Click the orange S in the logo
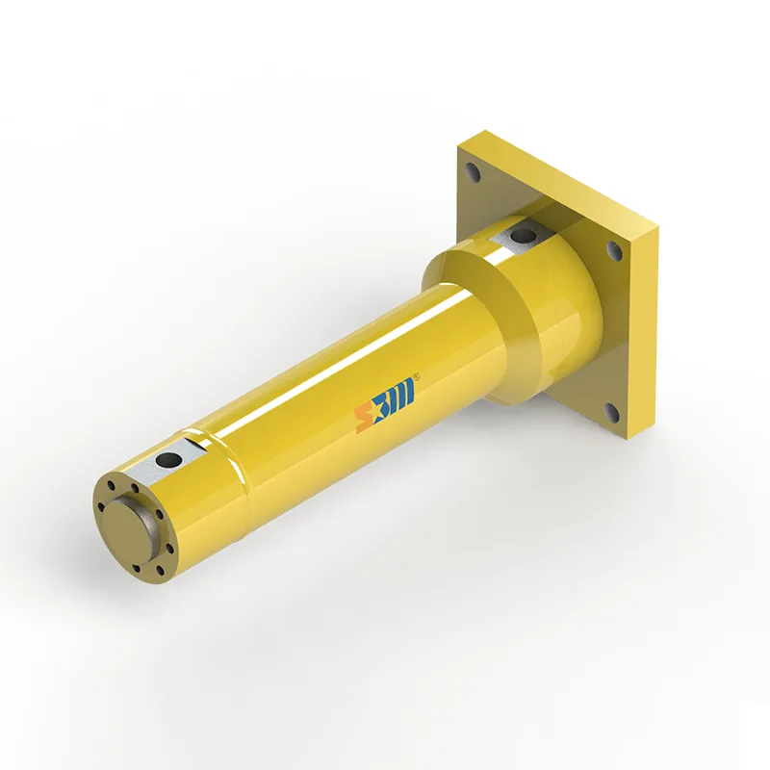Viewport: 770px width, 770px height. pyautogui.click(x=364, y=419)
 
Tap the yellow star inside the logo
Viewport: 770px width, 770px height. pyautogui.click(x=377, y=412)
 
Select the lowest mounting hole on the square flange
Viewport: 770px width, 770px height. pyautogui.click(x=609, y=413)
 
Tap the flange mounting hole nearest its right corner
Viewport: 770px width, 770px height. pyautogui.click(x=614, y=251)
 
